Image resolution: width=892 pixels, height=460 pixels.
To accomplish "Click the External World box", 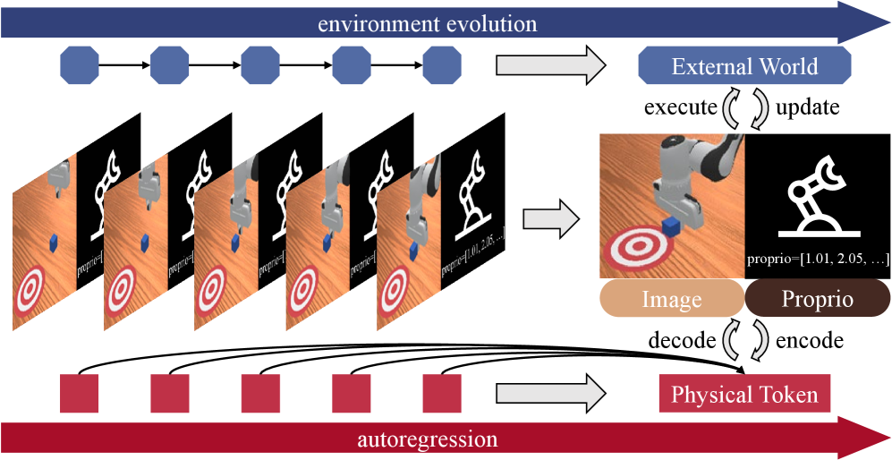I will (x=744, y=66).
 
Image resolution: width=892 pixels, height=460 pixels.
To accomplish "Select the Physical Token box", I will (x=744, y=395).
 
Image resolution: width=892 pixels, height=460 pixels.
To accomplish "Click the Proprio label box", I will (x=817, y=299).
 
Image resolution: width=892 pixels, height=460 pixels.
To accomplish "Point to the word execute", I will (x=681, y=108).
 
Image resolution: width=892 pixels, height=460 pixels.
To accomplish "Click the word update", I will (x=807, y=108).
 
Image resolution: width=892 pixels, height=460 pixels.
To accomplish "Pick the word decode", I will (x=682, y=341).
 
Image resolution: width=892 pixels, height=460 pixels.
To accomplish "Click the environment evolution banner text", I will (x=428, y=22).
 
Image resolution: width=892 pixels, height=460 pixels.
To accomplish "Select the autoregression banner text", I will (x=428, y=439).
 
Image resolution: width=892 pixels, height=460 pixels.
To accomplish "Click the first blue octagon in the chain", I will (x=79, y=65).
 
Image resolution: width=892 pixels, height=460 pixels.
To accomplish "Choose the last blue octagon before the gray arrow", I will (x=442, y=65).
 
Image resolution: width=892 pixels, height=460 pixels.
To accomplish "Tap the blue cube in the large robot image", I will (x=670, y=226).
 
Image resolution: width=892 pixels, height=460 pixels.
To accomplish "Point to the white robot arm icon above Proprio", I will (x=817, y=199).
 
